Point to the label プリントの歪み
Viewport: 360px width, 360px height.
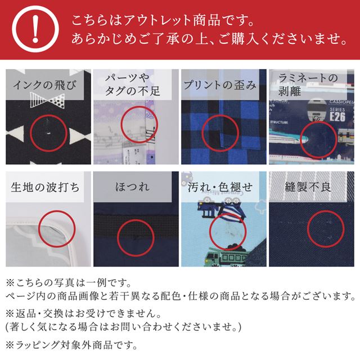click(x=220, y=86)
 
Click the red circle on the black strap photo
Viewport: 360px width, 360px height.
click(x=136, y=237)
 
